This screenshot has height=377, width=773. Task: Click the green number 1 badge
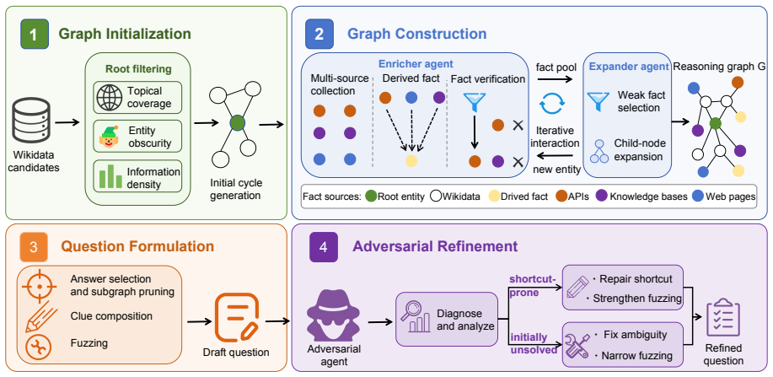click(x=35, y=34)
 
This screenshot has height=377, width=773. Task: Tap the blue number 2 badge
click(x=319, y=34)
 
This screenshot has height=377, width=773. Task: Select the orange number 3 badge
click(x=34, y=247)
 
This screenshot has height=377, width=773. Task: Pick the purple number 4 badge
click(x=324, y=247)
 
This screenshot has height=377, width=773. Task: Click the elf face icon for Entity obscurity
click(x=108, y=136)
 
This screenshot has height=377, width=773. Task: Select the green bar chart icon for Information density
click(x=110, y=176)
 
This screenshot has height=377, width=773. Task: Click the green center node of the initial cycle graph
click(x=237, y=123)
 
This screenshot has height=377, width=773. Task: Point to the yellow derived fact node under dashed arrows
click(x=411, y=160)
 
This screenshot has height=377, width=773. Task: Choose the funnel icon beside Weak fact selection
click(x=598, y=101)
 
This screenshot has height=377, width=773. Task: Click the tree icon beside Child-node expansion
click(x=599, y=151)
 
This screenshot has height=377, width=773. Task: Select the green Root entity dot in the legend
click(x=371, y=197)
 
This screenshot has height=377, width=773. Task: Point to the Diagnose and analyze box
click(x=447, y=319)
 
